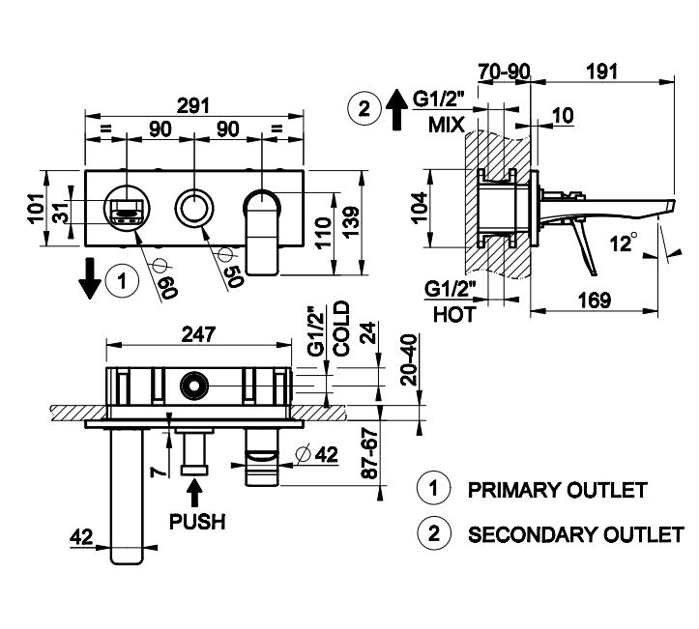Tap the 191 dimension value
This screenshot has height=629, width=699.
(x=602, y=72)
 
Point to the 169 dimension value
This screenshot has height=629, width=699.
(x=594, y=300)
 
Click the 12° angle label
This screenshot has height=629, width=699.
(x=628, y=242)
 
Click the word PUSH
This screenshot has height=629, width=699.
(x=197, y=522)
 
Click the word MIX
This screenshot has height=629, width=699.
(x=447, y=126)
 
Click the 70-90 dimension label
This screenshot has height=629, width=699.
(x=503, y=72)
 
